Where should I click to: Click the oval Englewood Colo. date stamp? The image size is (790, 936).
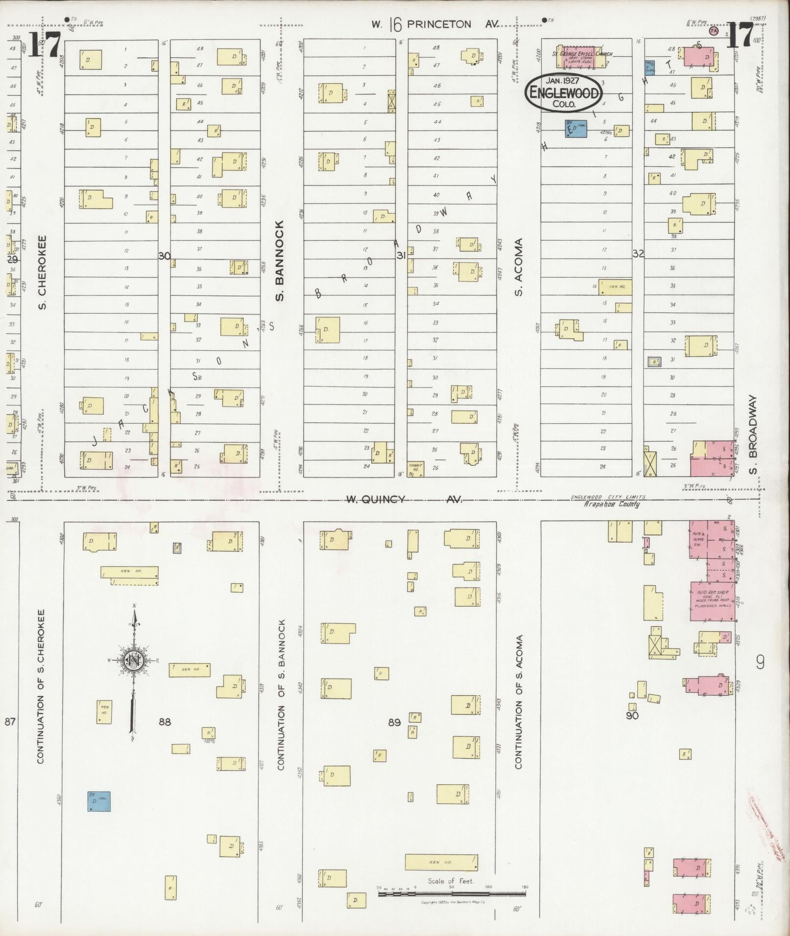(563, 92)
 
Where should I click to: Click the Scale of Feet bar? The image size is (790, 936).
(452, 894)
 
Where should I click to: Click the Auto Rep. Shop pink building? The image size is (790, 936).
(712, 601)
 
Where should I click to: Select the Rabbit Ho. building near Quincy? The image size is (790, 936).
(416, 468)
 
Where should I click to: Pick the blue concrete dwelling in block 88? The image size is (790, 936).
(99, 801)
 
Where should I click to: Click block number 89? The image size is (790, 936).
(395, 722)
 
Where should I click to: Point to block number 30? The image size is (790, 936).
(165, 255)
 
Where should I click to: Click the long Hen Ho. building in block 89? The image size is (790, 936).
(441, 862)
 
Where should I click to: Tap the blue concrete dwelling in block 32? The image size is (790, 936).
(576, 129)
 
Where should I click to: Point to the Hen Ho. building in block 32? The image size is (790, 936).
(615, 287)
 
